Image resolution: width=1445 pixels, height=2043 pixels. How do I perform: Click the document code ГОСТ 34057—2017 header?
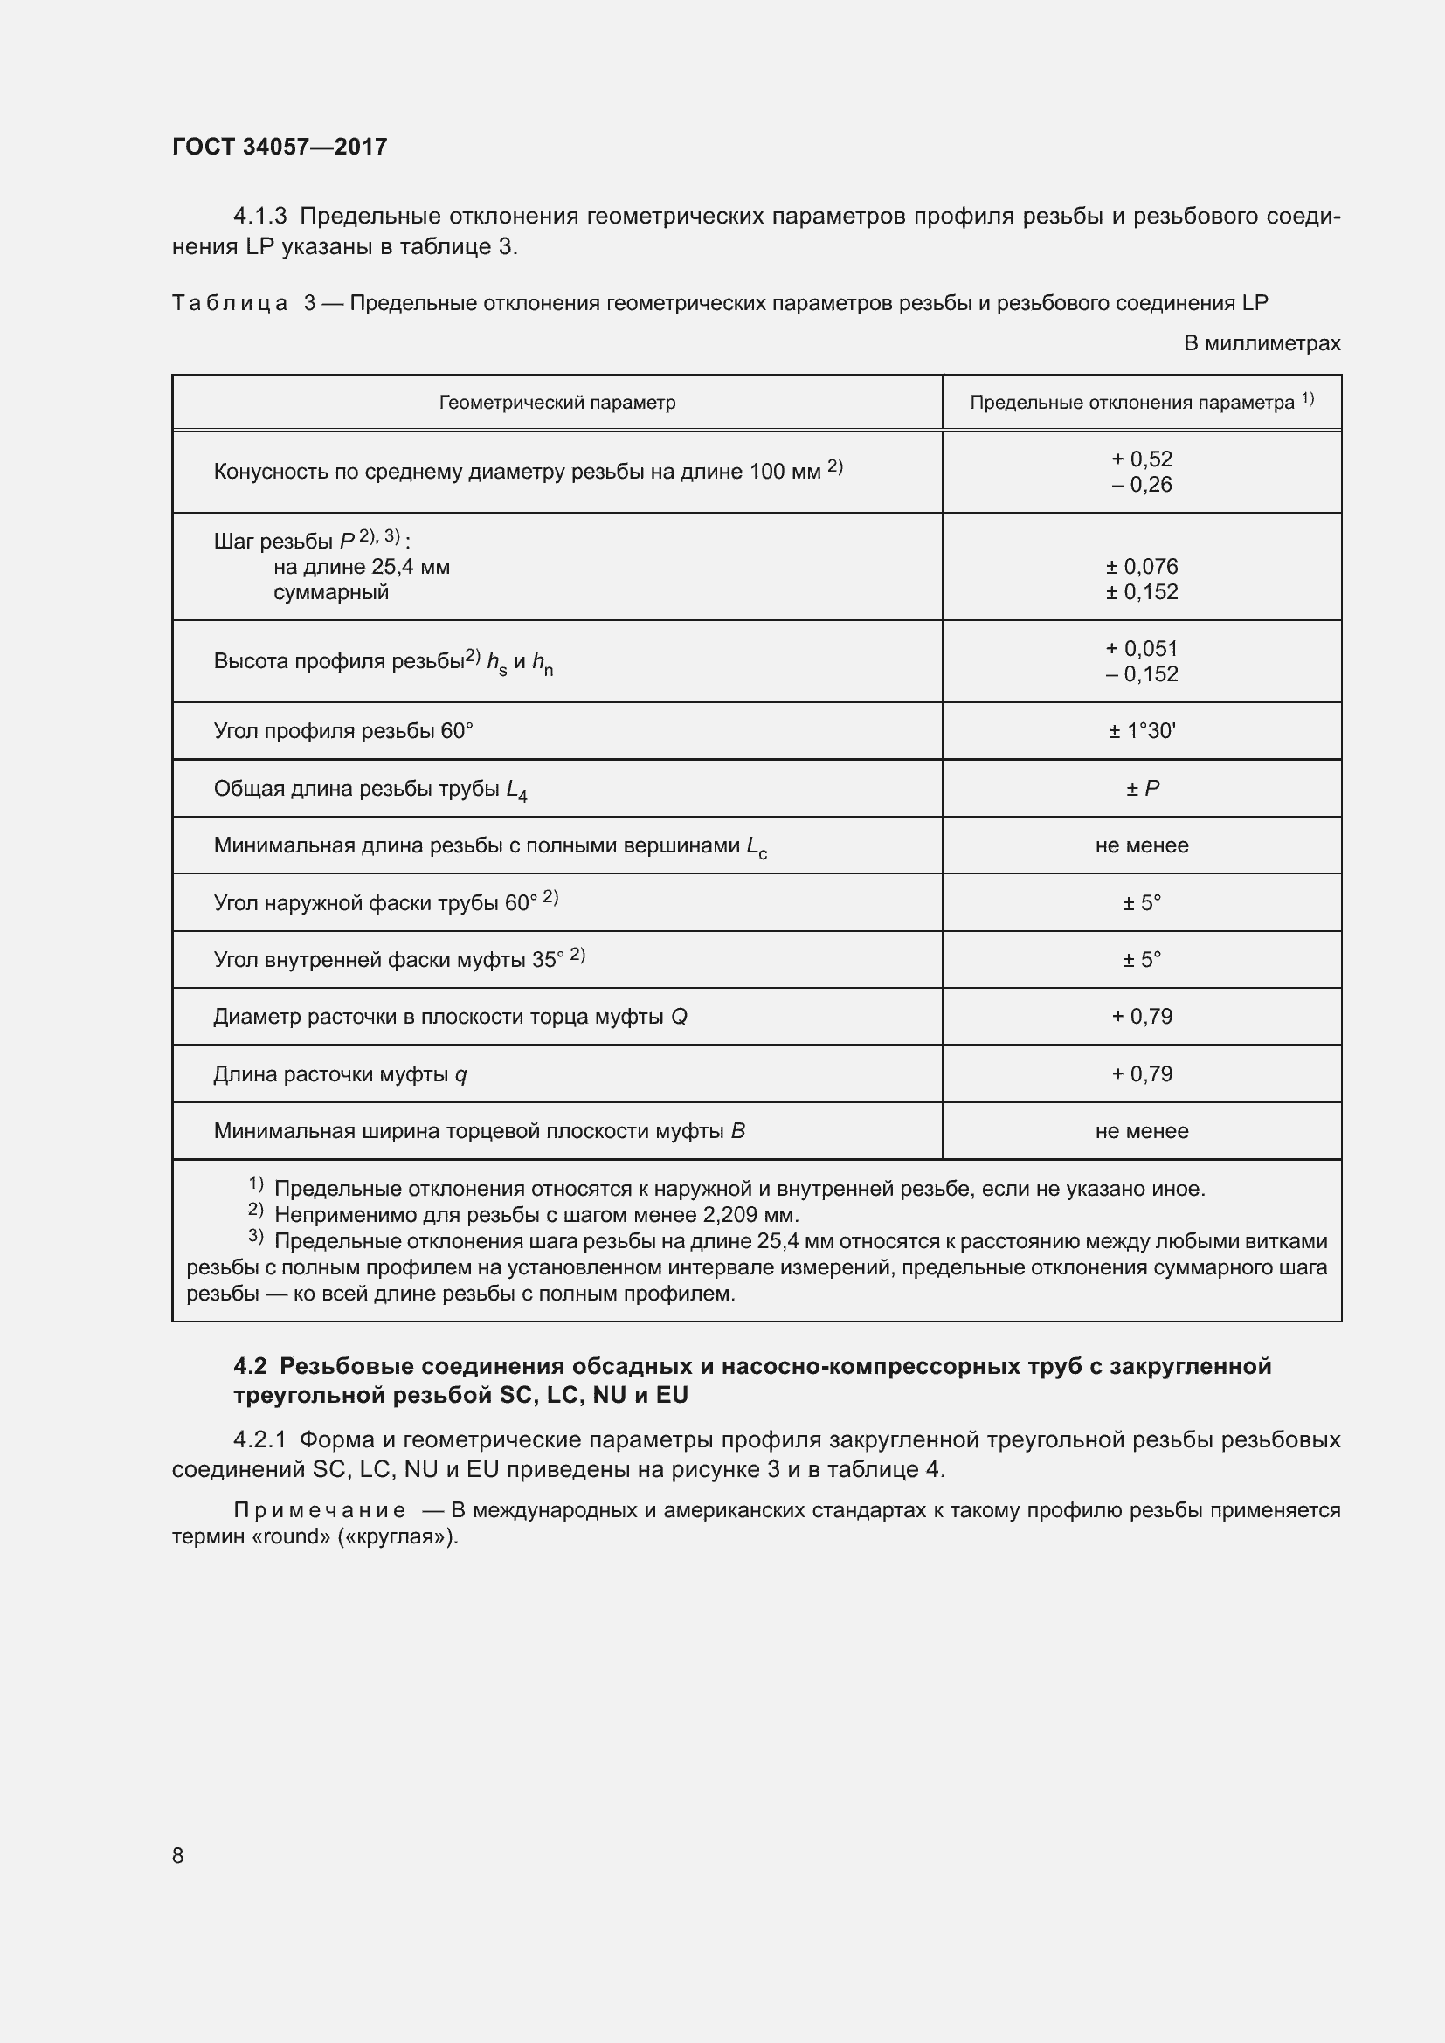pyautogui.click(x=280, y=147)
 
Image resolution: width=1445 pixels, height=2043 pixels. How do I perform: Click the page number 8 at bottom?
pyautogui.click(x=178, y=1855)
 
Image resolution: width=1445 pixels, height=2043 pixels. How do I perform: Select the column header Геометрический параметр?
pyautogui.click(x=557, y=403)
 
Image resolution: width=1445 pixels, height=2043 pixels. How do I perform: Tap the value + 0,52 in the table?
pyautogui.click(x=1142, y=459)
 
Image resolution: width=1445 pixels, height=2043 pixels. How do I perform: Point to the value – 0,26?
pyautogui.click(x=1142, y=485)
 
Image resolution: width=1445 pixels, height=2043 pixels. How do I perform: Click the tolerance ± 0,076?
pyautogui.click(x=1142, y=567)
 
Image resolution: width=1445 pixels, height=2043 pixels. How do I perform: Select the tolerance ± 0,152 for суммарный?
pyautogui.click(x=1142, y=592)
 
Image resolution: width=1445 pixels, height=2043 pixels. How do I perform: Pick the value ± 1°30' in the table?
pyautogui.click(x=1142, y=731)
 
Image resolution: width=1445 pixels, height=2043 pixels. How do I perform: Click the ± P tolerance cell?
pyautogui.click(x=1142, y=789)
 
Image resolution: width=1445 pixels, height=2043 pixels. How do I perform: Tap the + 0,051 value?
pyautogui.click(x=1142, y=649)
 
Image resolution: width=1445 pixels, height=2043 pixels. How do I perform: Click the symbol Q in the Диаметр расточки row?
pyautogui.click(x=679, y=1017)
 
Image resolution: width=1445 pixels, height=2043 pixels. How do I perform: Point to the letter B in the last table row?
pyautogui.click(x=737, y=1131)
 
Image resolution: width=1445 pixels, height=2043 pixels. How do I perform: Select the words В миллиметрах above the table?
pyautogui.click(x=1261, y=343)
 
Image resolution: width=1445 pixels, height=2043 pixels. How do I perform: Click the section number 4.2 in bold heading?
pyautogui.click(x=250, y=1366)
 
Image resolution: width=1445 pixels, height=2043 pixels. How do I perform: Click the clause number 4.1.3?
pyautogui.click(x=259, y=217)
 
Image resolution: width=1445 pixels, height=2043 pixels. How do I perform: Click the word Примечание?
pyautogui.click(x=320, y=1510)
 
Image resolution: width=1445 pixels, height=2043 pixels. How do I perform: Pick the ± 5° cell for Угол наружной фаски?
pyautogui.click(x=1142, y=903)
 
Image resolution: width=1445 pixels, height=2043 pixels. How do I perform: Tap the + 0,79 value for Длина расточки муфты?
pyautogui.click(x=1142, y=1074)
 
